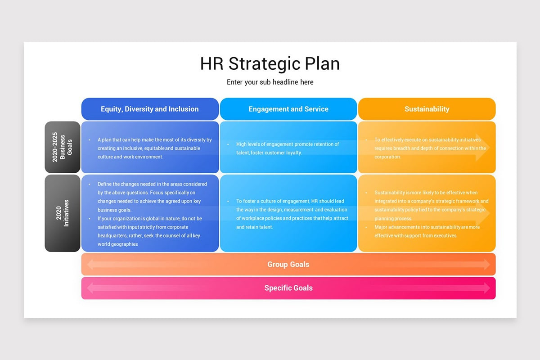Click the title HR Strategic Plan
click(270, 63)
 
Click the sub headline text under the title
click(270, 82)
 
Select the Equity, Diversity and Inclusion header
click(150, 109)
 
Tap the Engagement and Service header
click(288, 109)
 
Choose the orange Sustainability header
click(427, 109)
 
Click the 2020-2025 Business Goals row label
click(62, 147)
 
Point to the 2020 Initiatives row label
click(62, 213)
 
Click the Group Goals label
click(288, 264)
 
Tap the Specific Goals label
click(288, 288)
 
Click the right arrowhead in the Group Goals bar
click(487, 265)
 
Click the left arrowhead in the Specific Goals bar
click(90, 288)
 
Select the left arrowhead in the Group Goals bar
click(90, 265)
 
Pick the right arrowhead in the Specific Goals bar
click(487, 288)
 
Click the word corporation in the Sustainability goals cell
click(387, 157)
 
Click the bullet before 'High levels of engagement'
click(228, 144)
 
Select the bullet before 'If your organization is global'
click(90, 219)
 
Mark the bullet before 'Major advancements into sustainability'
click(366, 227)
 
